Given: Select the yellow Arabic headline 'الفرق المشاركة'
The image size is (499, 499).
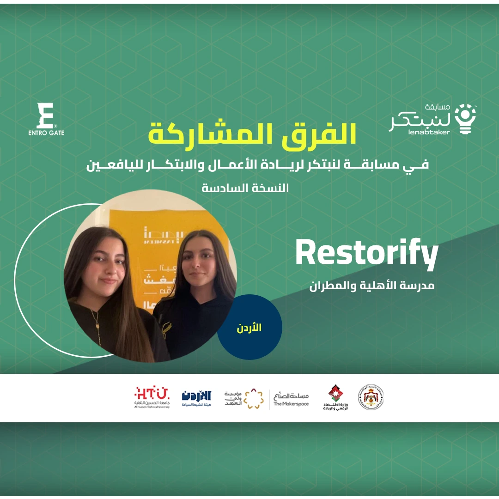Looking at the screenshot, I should point(252,133).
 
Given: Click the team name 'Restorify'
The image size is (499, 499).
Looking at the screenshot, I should point(366,254).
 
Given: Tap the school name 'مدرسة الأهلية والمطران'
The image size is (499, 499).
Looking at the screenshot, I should point(372,286).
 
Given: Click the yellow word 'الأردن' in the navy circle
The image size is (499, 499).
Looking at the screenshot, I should point(249,328).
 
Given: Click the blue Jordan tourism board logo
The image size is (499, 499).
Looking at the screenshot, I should point(196,397).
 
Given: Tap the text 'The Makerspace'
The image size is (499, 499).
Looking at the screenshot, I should point(291,404).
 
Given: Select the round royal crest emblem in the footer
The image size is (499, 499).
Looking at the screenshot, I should point(371,397).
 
